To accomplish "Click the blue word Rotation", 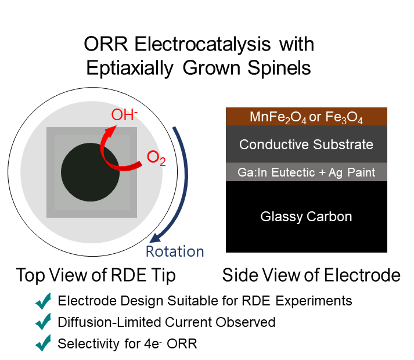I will (x=174, y=251).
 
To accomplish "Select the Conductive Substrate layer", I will (x=306, y=145).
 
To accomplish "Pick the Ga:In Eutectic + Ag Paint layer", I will (x=306, y=172).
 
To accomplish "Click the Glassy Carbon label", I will (x=306, y=217).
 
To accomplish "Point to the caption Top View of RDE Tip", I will (x=96, y=275).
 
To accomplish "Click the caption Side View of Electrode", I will (x=311, y=275).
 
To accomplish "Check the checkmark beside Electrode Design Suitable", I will (x=44, y=301).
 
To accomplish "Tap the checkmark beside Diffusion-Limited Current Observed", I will (x=44, y=322).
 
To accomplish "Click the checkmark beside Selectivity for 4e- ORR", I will (x=44, y=343).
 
